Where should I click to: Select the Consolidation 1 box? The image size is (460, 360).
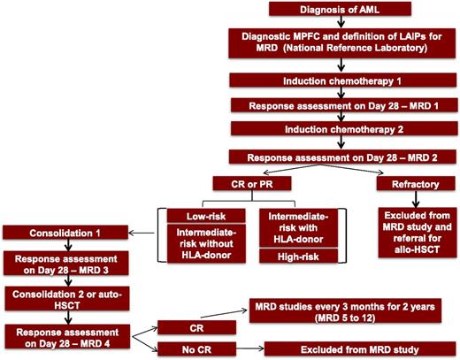(x=61, y=233)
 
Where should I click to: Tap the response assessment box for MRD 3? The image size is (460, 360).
(x=61, y=264)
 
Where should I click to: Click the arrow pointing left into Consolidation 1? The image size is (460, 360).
(x=142, y=234)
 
